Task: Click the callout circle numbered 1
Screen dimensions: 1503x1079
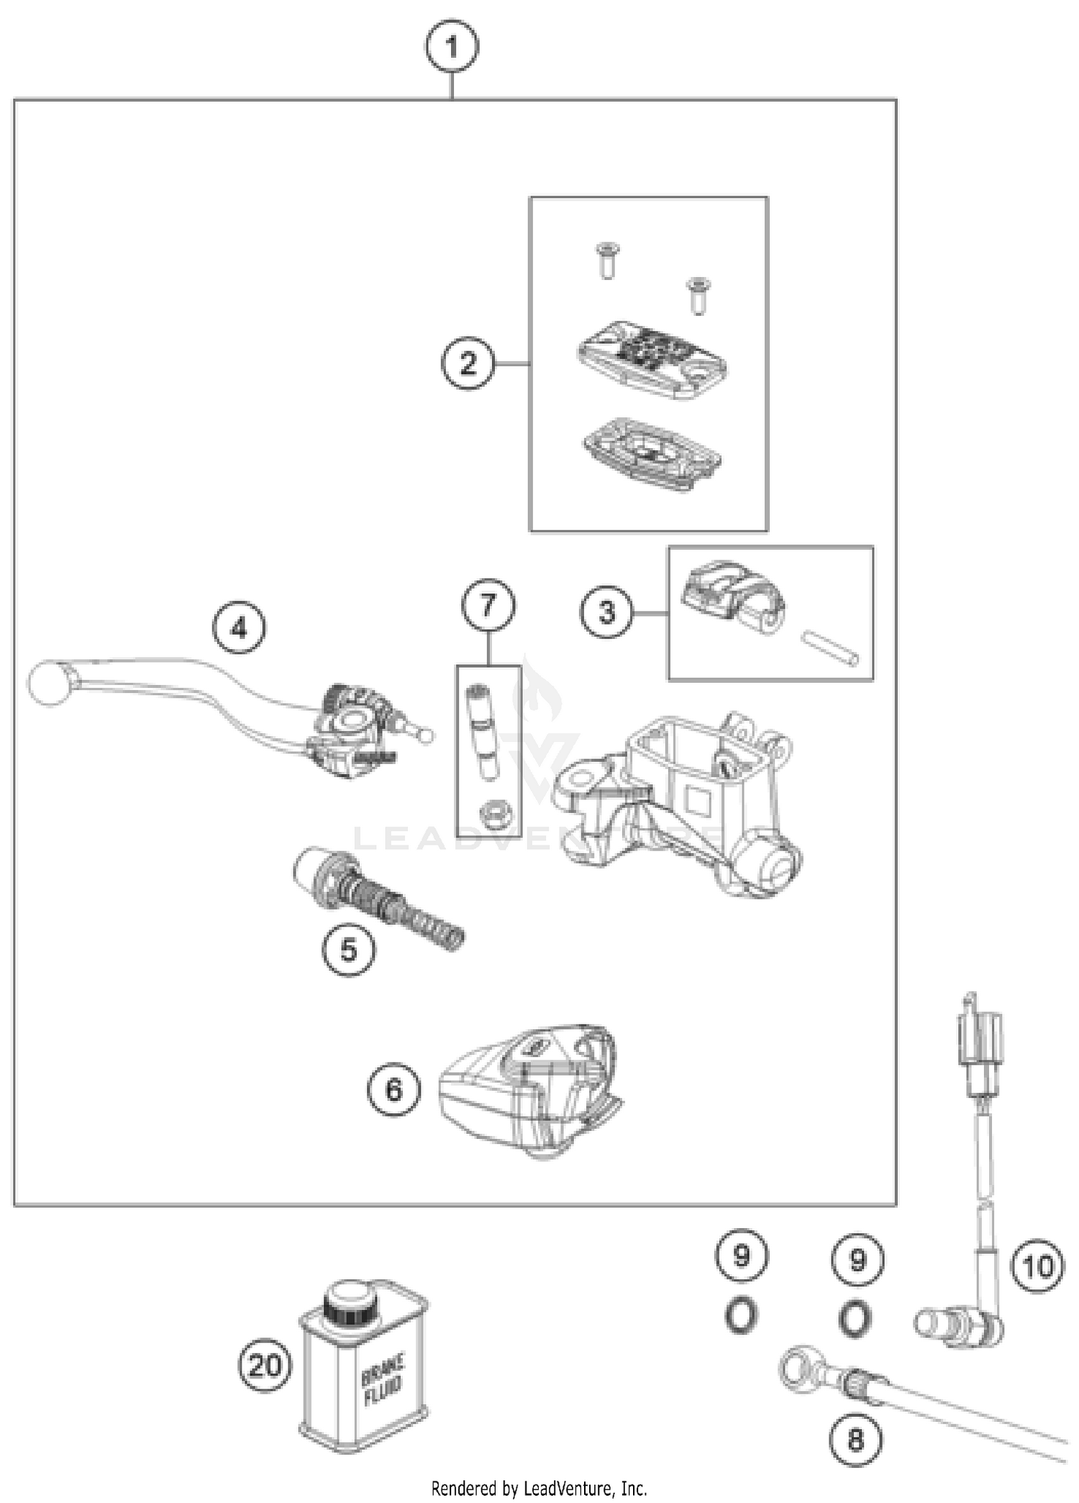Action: click(x=451, y=47)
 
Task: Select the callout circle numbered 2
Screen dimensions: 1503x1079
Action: click(x=468, y=363)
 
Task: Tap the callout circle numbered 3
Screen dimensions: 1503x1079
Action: click(x=607, y=612)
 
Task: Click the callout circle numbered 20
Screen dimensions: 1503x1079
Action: click(x=265, y=1366)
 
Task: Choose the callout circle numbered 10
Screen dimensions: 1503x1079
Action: click(x=1037, y=1266)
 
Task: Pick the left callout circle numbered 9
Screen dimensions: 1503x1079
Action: click(x=741, y=1256)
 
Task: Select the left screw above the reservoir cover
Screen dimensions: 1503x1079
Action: click(x=608, y=260)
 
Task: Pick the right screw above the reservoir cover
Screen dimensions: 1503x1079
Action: click(x=696, y=294)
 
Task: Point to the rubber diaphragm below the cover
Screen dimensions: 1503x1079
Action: click(x=652, y=454)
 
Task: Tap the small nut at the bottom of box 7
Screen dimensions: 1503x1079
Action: click(x=495, y=814)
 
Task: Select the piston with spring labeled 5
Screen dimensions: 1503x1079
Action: click(x=378, y=899)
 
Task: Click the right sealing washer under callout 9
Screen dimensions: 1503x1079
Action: click(x=855, y=1318)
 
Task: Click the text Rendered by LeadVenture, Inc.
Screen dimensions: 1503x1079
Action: click(x=539, y=1487)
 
